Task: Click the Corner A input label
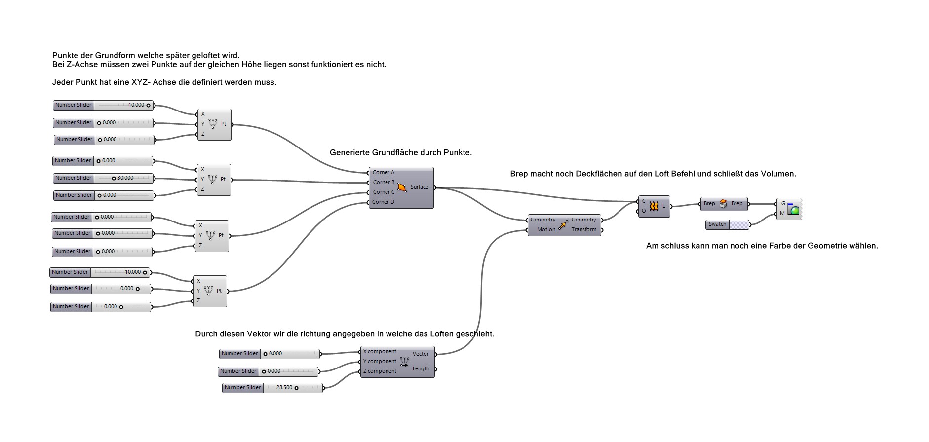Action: click(x=384, y=172)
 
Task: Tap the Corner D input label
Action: click(x=383, y=202)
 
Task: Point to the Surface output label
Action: click(x=419, y=187)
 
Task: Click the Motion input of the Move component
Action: click(x=546, y=229)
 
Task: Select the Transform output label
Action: click(x=583, y=229)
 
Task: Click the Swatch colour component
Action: click(x=727, y=224)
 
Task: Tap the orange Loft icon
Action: click(x=654, y=207)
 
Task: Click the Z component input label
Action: click(x=379, y=371)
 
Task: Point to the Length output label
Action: click(x=421, y=368)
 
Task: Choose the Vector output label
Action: click(x=421, y=354)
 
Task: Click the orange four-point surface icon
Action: click(x=402, y=187)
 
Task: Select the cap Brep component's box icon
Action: click(x=723, y=204)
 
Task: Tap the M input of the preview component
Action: click(x=782, y=214)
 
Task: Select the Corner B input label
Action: click(x=384, y=182)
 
